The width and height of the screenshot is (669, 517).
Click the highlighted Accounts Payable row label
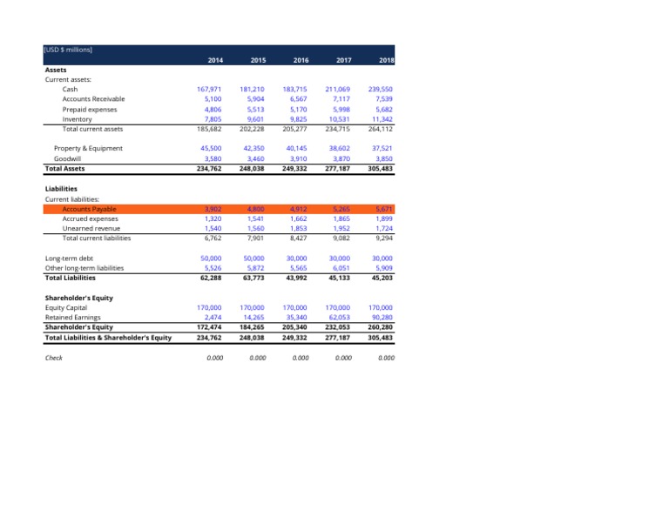tap(89, 209)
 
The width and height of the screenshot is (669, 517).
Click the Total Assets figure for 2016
tap(295, 169)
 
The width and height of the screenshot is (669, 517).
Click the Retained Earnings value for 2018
tap(382, 318)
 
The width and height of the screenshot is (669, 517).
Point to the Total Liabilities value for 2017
tap(339, 279)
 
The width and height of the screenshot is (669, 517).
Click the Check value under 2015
tap(256, 357)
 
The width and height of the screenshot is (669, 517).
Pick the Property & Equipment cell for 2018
tap(382, 148)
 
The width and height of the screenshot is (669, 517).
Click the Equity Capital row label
tap(65, 308)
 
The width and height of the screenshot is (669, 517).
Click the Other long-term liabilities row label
tap(84, 268)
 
